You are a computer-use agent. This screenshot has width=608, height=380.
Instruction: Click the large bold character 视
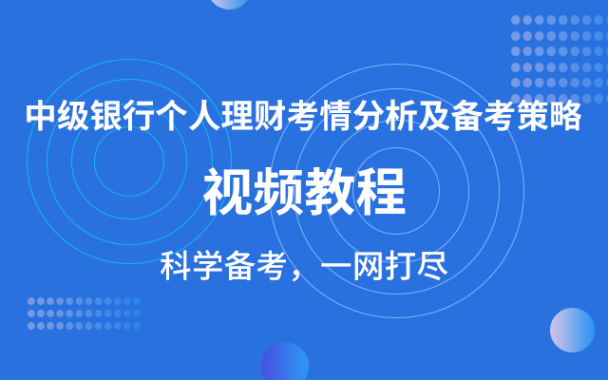pos(228,193)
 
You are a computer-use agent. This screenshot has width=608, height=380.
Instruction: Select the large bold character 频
pos(278,193)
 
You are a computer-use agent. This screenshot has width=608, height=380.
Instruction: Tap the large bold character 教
pos(330,193)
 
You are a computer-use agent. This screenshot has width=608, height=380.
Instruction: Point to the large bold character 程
pos(381,193)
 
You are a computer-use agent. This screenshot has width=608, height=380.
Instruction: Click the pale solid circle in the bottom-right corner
pos(572,330)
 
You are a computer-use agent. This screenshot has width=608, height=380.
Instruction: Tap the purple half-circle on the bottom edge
pos(285,366)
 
